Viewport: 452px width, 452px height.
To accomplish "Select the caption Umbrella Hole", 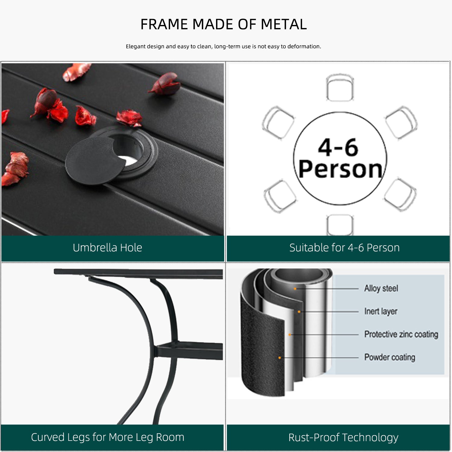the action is click(x=107, y=248).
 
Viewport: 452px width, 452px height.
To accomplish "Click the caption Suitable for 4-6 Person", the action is click(x=344, y=248).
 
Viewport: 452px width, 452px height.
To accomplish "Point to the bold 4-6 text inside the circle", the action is click(x=338, y=148).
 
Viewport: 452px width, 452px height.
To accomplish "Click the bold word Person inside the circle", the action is click(x=341, y=169).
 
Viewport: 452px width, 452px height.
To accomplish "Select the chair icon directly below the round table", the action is click(x=340, y=225).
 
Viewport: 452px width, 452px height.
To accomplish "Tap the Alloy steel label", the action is click(x=381, y=288).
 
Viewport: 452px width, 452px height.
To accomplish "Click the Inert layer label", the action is click(x=381, y=311).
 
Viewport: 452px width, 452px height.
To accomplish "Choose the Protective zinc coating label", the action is click(x=401, y=334).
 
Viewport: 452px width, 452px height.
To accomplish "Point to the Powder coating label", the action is click(x=390, y=357).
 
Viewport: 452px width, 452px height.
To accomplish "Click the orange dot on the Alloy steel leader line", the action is click(x=295, y=289).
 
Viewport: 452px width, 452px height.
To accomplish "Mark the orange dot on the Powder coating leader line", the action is click(x=280, y=358).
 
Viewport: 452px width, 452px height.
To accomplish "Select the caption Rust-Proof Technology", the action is click(x=343, y=438).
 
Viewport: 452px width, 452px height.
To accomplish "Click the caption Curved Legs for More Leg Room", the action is click(x=108, y=437).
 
